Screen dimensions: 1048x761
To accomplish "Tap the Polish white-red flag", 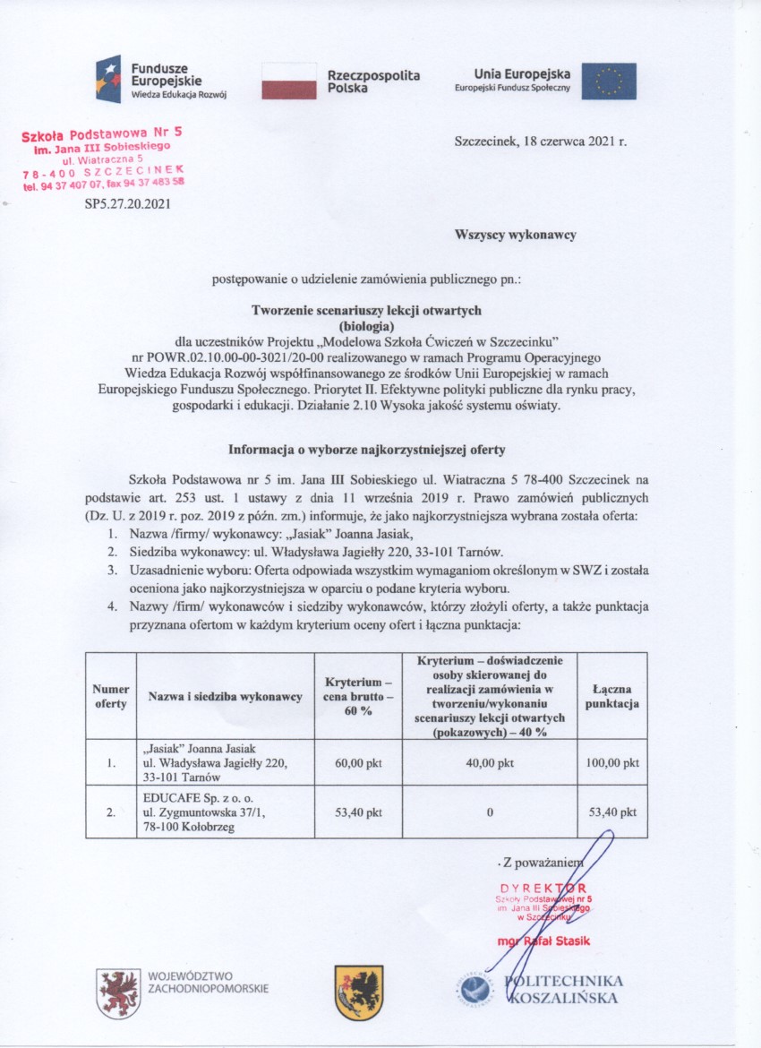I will (289, 81).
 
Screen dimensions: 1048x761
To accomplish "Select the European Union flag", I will (609, 81).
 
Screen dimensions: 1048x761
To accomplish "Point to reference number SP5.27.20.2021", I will (126, 204).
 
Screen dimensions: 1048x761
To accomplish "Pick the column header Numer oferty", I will (110, 697).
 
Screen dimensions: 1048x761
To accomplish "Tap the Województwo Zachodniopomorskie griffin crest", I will (118, 993).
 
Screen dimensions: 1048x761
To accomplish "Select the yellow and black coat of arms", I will (358, 992).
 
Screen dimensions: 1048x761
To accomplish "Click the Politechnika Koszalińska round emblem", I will (476, 991).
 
